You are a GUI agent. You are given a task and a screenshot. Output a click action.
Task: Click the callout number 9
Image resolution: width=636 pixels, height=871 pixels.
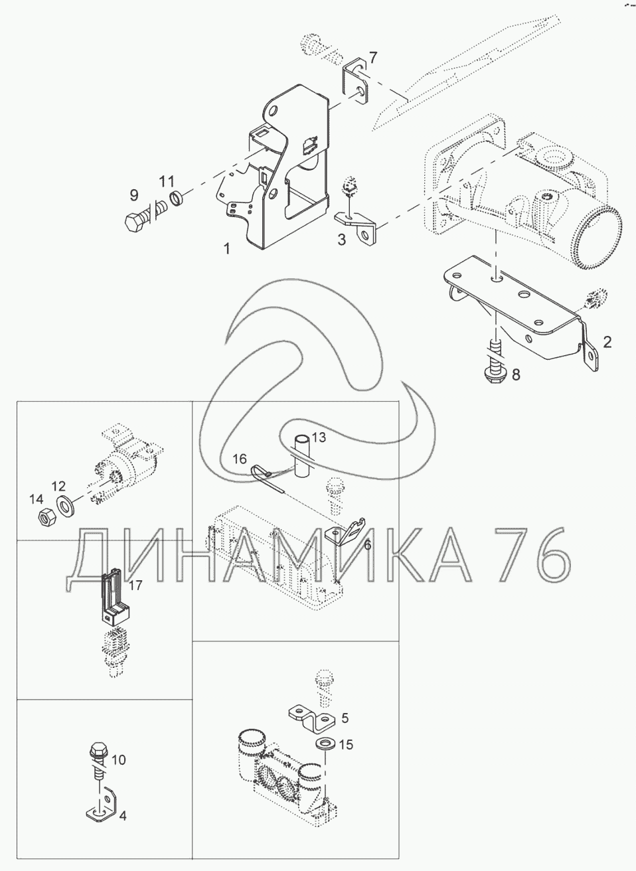coord(134,195)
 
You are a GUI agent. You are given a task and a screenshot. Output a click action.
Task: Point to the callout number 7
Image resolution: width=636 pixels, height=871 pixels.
coord(372,58)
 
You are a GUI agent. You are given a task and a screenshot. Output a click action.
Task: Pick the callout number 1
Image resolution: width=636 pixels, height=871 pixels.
coord(227,248)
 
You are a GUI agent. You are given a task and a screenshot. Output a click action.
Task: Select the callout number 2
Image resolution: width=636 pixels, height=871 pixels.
coord(607,342)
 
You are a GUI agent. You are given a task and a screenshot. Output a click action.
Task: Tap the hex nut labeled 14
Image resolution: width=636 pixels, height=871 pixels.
coord(46,516)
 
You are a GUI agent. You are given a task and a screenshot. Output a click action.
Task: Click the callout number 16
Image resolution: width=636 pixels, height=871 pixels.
coord(240,459)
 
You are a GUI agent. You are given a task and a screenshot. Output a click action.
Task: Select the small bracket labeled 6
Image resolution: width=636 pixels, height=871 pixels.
coord(346,532)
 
